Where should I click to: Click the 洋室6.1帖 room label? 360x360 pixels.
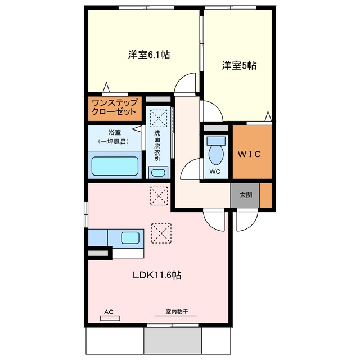(x=148, y=55)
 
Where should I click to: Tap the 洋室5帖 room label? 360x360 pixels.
(x=239, y=65)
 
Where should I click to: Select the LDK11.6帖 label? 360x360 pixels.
(x=157, y=275)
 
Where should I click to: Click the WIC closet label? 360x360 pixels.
(x=249, y=154)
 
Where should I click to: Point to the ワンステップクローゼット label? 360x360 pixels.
(x=114, y=107)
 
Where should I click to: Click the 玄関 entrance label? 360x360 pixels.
(x=246, y=195)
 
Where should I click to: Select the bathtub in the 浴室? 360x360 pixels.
(x=115, y=166)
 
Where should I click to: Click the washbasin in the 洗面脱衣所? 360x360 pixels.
(x=158, y=173)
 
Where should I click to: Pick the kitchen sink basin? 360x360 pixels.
(x=130, y=238)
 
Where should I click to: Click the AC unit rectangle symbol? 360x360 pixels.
(x=110, y=318)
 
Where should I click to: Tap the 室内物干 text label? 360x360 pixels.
(x=177, y=312)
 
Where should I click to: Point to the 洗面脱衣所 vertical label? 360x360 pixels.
(x=157, y=146)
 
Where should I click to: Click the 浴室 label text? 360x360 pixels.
(x=115, y=133)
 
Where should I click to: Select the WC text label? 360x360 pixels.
(x=215, y=172)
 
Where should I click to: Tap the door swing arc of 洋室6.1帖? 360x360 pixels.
(x=181, y=79)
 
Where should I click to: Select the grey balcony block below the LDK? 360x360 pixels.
(x=173, y=341)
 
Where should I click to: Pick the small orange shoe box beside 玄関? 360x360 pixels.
(x=265, y=195)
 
